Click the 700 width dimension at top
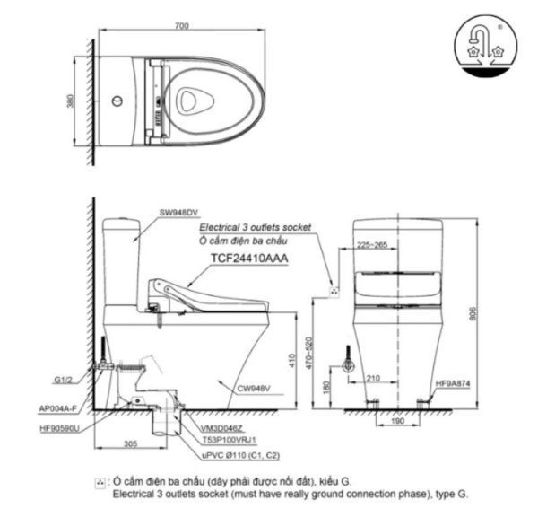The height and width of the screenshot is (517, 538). (x=183, y=27)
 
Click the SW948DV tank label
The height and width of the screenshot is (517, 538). (x=178, y=213)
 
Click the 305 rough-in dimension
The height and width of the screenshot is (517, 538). (x=129, y=443)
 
